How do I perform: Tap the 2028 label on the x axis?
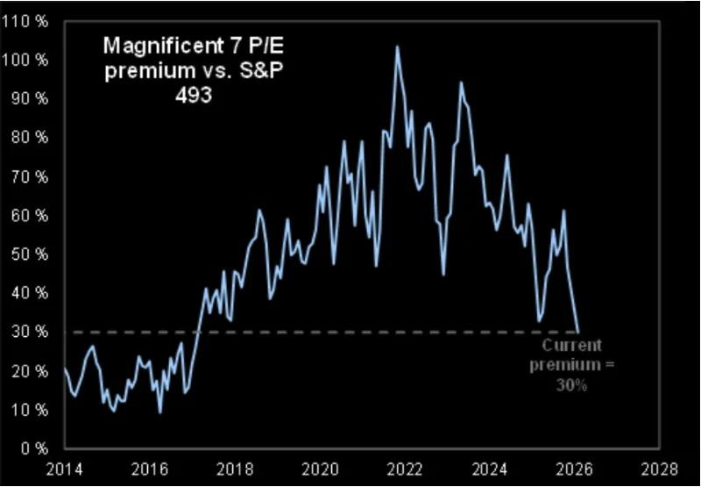(x=658, y=467)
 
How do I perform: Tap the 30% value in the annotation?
(x=570, y=384)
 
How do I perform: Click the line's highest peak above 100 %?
(x=397, y=47)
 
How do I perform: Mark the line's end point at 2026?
(x=578, y=332)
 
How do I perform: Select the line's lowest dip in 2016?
(x=160, y=412)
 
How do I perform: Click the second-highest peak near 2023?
(x=461, y=82)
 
